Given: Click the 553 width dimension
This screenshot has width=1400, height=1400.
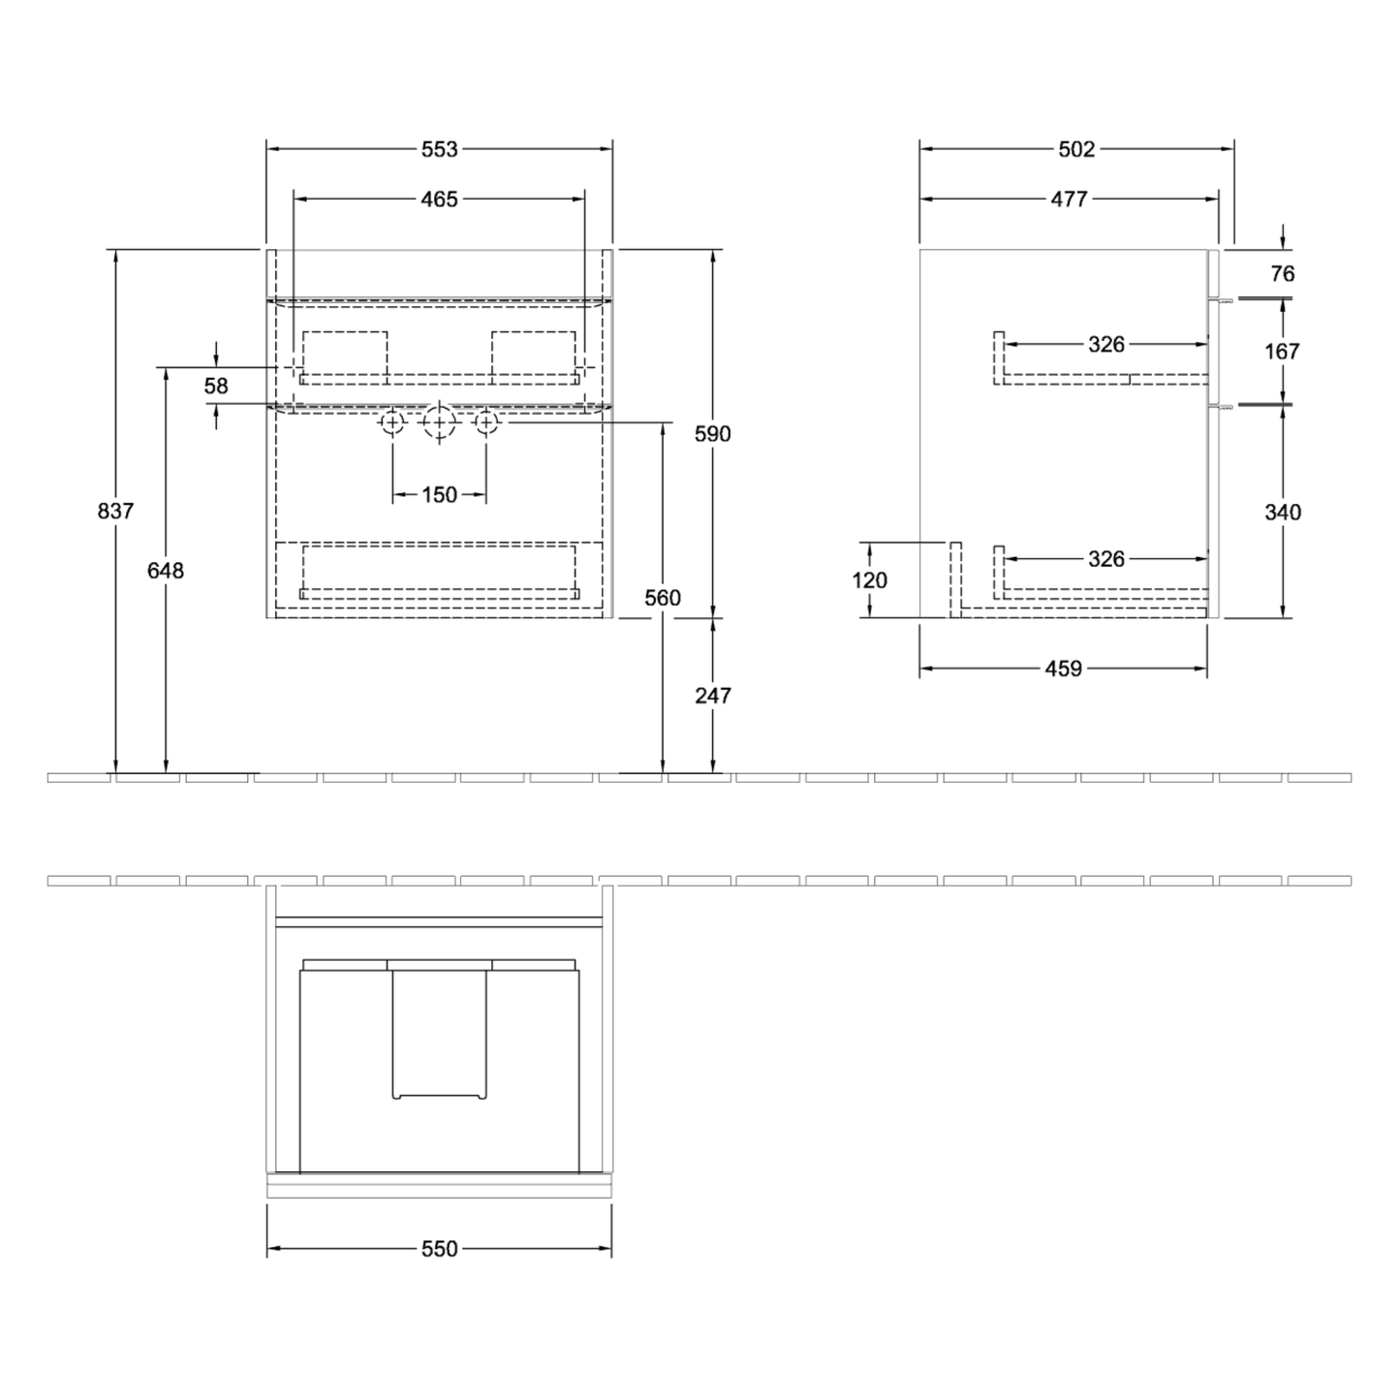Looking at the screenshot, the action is click(440, 149).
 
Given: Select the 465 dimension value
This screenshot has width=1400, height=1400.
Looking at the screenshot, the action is click(440, 199).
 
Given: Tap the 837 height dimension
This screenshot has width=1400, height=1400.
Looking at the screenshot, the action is click(115, 512).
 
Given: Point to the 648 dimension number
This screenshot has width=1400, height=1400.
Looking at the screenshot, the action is click(166, 571).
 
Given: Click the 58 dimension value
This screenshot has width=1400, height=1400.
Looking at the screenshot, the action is click(216, 386).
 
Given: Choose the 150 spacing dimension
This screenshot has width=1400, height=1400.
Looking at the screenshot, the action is click(440, 495).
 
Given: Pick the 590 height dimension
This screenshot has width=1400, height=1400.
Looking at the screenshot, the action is click(713, 434).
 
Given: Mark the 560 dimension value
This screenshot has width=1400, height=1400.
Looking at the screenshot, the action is click(663, 598).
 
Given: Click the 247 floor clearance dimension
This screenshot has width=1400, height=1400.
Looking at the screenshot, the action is click(713, 696).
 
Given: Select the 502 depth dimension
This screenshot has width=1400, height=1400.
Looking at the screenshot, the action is click(1076, 149).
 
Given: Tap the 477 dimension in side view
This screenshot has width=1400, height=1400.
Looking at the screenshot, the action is click(1069, 199).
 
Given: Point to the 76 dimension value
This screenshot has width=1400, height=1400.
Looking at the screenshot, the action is click(1283, 274).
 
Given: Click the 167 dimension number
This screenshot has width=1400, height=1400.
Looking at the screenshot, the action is click(1282, 352).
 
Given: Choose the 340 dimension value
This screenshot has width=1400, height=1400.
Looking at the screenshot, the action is click(1283, 513).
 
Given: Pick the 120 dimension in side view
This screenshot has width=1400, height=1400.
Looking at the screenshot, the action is click(870, 580).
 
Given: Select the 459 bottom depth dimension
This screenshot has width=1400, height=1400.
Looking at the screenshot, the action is click(1064, 669).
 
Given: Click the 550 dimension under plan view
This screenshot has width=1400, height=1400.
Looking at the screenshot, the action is click(440, 1249).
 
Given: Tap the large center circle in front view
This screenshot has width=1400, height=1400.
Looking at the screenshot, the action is click(440, 422).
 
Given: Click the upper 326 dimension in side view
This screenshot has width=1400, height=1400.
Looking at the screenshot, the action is click(1106, 344).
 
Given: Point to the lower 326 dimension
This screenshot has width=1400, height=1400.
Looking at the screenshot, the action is click(1106, 559).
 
